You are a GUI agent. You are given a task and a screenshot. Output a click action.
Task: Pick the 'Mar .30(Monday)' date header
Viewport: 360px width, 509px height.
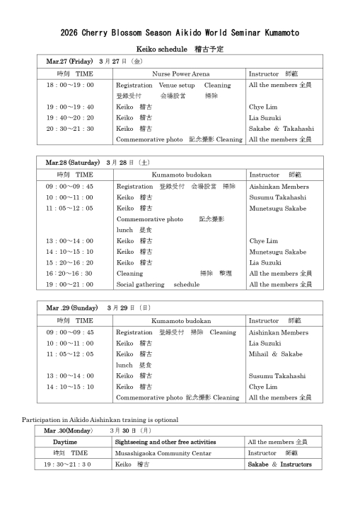tap(68, 431)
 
